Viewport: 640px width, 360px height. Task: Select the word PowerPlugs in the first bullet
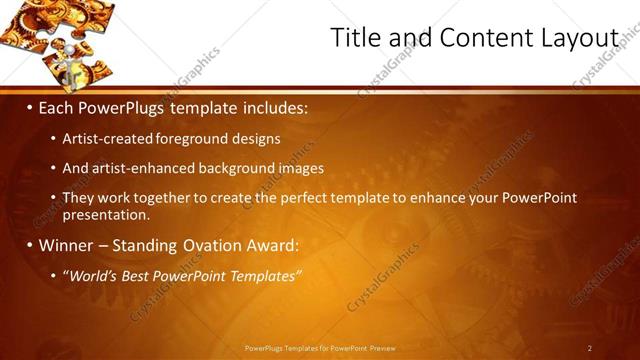tap(122, 106)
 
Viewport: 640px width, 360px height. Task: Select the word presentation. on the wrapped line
tap(106, 214)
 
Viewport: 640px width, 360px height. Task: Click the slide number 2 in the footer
tap(590, 348)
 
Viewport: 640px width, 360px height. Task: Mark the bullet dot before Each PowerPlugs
tap(31, 107)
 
